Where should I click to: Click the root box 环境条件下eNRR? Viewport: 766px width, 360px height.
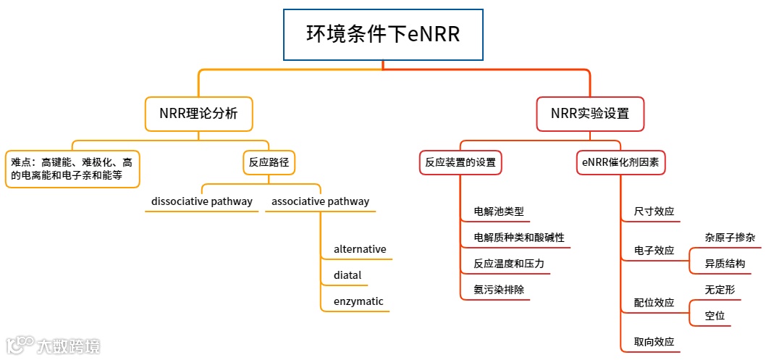click(383, 35)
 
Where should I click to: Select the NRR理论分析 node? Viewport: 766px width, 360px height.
click(198, 114)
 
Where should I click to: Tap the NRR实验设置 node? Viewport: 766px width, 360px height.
click(589, 114)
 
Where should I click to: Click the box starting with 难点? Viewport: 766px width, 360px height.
click(72, 168)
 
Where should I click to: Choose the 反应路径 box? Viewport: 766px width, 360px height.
click(269, 162)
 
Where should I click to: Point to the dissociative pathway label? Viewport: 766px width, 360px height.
click(202, 201)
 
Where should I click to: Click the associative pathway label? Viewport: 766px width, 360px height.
click(320, 201)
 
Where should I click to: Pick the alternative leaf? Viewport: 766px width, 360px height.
click(360, 249)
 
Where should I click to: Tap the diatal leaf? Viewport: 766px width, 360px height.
click(348, 275)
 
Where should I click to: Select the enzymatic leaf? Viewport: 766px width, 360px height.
click(358, 301)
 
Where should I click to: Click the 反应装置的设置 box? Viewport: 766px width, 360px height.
click(460, 162)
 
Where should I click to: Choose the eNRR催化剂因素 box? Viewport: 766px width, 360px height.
click(620, 162)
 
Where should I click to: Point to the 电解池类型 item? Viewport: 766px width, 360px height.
click(498, 212)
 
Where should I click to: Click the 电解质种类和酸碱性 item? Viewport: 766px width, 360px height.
click(518, 238)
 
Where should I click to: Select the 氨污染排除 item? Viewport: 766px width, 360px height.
click(498, 290)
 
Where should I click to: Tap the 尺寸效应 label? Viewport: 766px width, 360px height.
click(654, 212)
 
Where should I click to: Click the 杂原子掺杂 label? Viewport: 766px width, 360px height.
click(730, 238)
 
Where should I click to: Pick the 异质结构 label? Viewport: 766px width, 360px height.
click(725, 264)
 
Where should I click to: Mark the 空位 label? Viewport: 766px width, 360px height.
click(715, 316)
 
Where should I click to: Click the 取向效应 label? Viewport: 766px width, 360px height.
click(654, 342)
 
